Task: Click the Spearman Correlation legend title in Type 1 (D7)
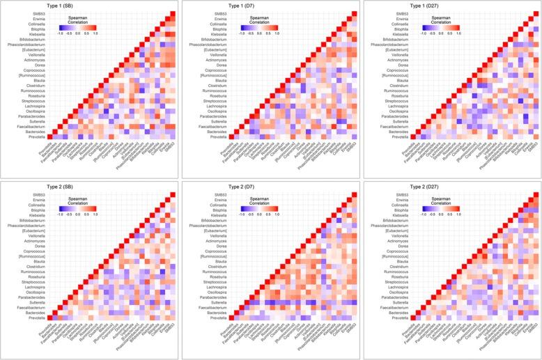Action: pyautogui.click(x=259, y=19)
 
